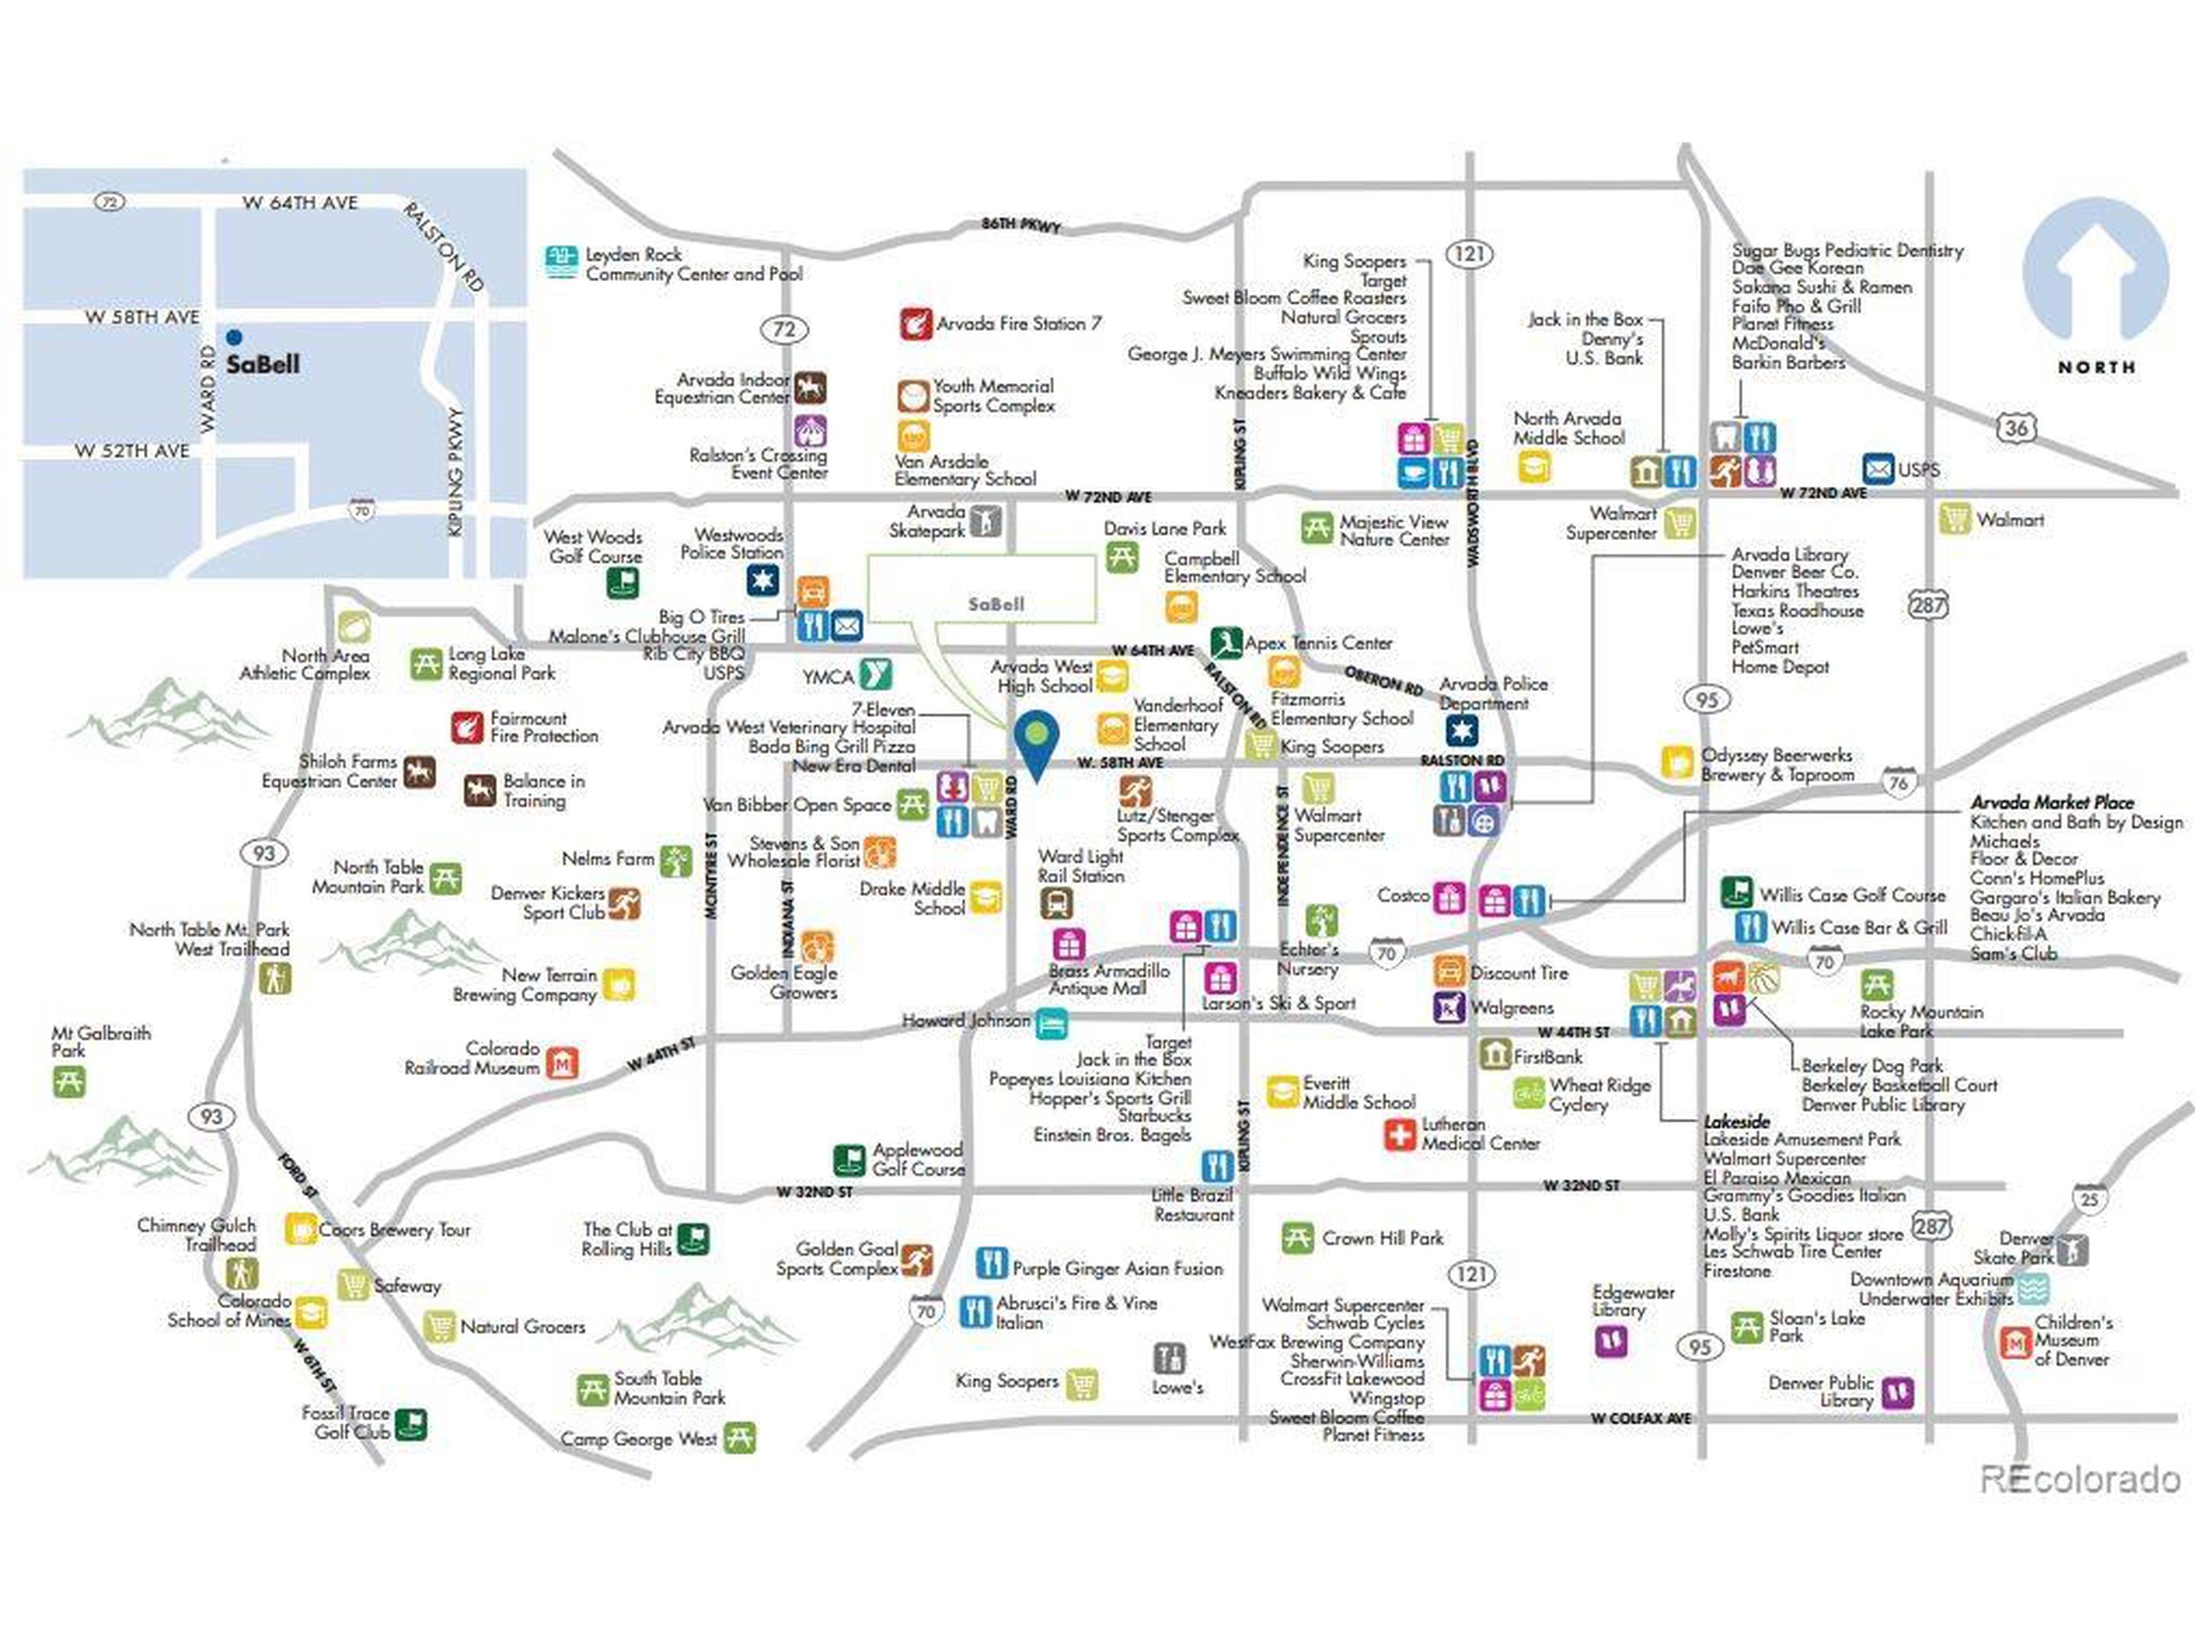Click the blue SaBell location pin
coord(1036,742)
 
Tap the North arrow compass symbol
coord(2095,273)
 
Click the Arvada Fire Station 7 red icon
coord(915,323)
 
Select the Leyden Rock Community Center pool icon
coord(562,263)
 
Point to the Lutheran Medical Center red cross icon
coord(1399,1134)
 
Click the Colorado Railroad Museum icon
coord(562,1062)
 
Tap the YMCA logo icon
coord(875,675)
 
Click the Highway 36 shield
coord(2017,429)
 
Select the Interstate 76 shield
coord(1898,782)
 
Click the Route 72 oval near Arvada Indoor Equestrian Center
coord(784,328)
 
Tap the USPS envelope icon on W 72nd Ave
coord(1878,468)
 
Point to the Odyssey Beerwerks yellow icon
coord(1677,762)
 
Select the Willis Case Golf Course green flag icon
coord(1735,891)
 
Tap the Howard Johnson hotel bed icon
coord(1051,1023)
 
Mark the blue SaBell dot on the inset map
coord(233,336)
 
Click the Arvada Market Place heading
coord(2051,802)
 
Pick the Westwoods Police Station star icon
coord(762,580)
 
